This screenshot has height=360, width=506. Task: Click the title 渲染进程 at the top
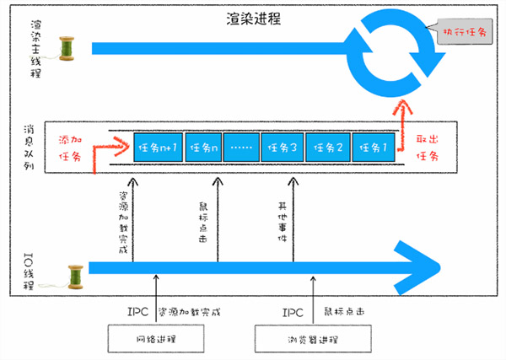pos(253,19)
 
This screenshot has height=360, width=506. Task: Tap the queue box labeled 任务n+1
pos(159,148)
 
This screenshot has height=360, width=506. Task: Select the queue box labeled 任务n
pos(203,148)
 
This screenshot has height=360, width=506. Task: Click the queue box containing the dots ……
pos(241,148)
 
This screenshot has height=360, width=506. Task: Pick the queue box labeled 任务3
pos(283,148)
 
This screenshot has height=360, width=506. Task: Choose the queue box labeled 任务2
pos(328,148)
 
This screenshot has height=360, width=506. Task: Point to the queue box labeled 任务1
pos(374,148)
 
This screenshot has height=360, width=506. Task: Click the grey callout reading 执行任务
pos(464,31)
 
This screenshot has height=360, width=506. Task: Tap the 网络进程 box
pos(156,339)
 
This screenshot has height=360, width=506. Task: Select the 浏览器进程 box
pos(313,339)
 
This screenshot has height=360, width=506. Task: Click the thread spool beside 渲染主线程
pos(67,48)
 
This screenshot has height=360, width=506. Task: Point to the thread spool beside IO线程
pos(76,277)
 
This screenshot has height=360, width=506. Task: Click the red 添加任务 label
pos(70,148)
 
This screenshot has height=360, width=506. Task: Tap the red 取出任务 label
pos(428,148)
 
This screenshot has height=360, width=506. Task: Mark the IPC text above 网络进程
pos(137,312)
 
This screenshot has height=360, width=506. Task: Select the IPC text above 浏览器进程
pos(293,313)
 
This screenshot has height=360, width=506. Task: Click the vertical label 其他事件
pos(283,222)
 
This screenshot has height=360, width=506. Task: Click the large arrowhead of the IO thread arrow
pos(419,268)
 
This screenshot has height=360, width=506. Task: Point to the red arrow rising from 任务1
pos(402,125)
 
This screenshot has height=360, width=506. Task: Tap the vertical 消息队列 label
pos(29,148)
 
